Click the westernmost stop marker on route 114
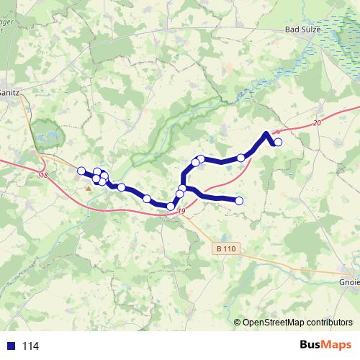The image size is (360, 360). [81, 171]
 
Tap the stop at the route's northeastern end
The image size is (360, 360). [278, 142]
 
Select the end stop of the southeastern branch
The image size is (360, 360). [239, 201]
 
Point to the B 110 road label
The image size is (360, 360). [225, 248]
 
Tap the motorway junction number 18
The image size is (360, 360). [43, 175]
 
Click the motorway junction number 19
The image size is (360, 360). [181, 211]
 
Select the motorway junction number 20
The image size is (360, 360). [317, 124]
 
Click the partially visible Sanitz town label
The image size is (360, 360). [9, 93]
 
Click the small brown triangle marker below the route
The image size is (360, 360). [89, 188]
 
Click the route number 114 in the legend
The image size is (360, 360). [30, 346]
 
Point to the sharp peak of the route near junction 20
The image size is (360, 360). [267, 132]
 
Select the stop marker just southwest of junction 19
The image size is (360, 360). [171, 207]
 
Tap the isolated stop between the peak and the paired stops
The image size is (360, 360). [241, 158]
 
